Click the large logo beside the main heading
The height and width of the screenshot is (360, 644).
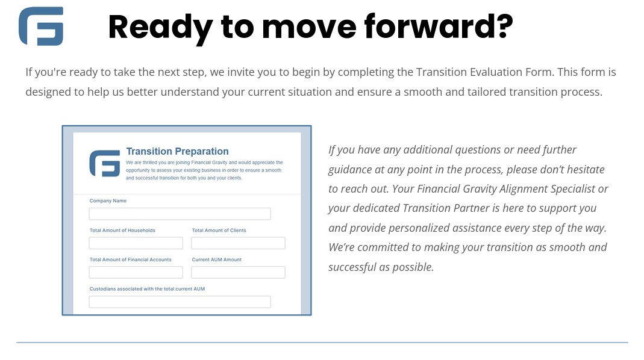(41, 26)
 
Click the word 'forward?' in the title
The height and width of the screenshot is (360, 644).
(439, 26)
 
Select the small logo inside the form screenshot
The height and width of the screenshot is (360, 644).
(105, 163)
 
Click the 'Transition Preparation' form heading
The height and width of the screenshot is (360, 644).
(178, 151)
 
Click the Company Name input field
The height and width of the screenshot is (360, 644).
(180, 214)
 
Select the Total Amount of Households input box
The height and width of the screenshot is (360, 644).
(136, 243)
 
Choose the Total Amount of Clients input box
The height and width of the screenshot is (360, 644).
(238, 243)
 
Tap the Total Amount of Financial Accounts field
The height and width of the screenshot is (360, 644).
(136, 272)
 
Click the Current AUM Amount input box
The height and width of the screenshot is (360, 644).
(238, 272)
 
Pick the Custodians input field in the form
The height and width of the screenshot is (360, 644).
(180, 302)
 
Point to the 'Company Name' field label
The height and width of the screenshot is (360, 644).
(108, 200)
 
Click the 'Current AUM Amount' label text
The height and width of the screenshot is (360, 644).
(217, 259)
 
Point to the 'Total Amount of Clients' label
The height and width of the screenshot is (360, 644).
(219, 231)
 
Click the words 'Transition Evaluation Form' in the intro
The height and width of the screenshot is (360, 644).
(485, 72)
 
